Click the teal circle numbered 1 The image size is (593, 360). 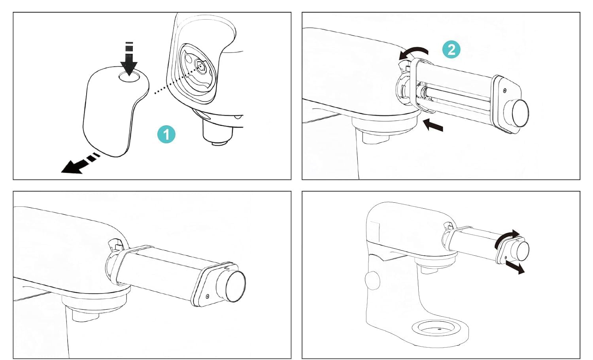(x=166, y=134)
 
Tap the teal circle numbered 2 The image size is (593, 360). (x=451, y=49)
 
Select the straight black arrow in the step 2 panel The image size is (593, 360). (x=433, y=125)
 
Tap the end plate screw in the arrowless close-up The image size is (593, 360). (x=207, y=296)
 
